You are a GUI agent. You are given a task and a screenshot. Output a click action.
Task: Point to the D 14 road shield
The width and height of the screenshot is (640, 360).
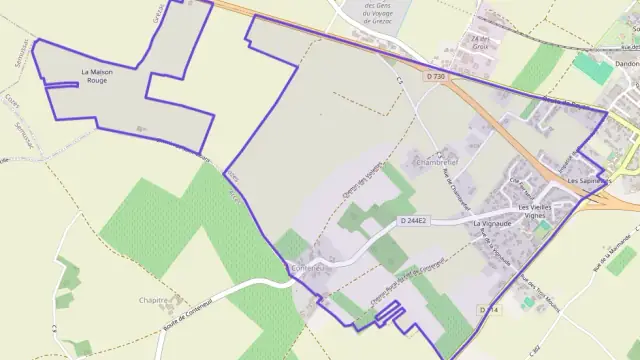click(x=488, y=311)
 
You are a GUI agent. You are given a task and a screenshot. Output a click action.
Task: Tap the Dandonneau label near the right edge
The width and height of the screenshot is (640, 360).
click(x=619, y=63)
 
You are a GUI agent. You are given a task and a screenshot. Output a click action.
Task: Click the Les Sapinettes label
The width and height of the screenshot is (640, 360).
click(x=587, y=181)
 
